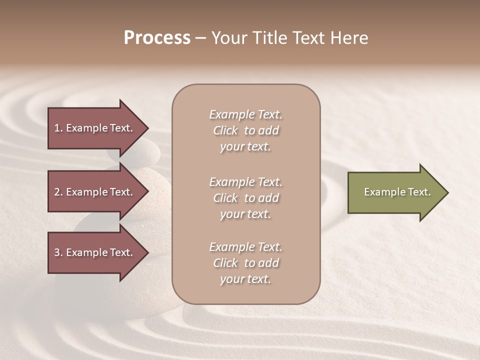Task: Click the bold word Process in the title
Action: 157,38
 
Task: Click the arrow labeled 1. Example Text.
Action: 95,128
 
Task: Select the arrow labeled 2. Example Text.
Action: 95,192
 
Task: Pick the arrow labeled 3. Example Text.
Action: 95,252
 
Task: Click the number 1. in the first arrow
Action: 58,128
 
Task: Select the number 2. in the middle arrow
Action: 58,192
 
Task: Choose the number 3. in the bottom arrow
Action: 58,252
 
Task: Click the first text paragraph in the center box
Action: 245,130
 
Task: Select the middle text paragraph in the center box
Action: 245,198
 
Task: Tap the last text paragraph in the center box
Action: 245,263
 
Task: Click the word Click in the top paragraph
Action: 225,130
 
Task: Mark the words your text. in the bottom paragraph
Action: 245,279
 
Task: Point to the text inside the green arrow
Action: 397,192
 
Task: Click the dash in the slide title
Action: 200,38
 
